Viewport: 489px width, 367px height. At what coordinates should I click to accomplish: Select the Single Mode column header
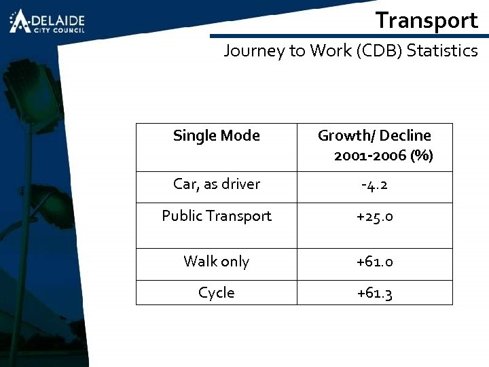click(216, 135)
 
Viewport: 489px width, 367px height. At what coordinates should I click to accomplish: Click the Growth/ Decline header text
click(374, 135)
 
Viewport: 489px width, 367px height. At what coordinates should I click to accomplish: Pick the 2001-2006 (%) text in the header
click(383, 156)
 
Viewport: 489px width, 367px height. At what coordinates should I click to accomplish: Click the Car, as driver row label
click(216, 184)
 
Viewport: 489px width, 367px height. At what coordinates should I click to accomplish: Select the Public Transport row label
click(216, 216)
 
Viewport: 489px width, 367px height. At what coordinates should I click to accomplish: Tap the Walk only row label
click(216, 262)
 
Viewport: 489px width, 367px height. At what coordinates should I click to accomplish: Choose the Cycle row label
click(216, 292)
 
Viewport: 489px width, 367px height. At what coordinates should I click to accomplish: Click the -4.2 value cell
click(374, 185)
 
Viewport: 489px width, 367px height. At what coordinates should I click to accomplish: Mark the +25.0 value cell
click(374, 217)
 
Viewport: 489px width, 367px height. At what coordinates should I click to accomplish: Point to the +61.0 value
click(374, 262)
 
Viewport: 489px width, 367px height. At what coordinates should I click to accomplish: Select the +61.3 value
click(374, 293)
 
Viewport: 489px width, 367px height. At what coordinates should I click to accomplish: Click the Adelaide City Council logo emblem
click(20, 21)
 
